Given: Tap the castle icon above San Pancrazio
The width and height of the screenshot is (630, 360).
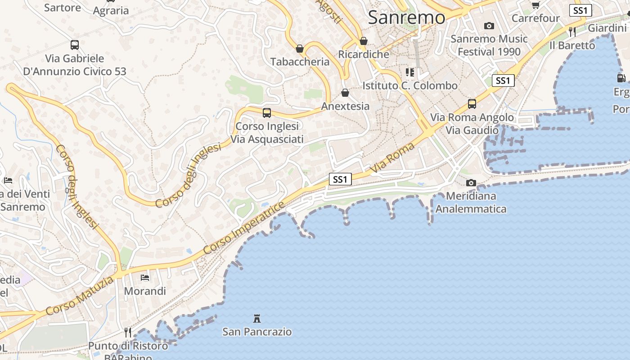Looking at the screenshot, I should [257, 319].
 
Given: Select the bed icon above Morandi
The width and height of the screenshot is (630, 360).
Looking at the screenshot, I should [145, 277].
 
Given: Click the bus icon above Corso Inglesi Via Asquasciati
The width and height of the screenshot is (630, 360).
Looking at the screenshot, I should [267, 112].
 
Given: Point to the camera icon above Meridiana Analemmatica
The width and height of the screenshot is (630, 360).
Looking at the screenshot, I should [471, 183].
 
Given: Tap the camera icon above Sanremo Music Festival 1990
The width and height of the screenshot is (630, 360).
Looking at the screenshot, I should [489, 26].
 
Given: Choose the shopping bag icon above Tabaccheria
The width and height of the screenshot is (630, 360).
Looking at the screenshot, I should [300, 49].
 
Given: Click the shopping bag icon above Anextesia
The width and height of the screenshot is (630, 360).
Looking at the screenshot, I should [345, 93].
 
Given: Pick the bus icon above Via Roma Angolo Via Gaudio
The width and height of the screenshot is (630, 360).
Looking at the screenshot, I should [472, 104].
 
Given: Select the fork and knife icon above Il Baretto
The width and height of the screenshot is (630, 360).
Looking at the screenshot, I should [572, 31].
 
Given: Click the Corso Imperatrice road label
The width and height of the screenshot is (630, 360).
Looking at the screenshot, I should [244, 228].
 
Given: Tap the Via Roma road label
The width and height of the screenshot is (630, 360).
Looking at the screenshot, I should [392, 158].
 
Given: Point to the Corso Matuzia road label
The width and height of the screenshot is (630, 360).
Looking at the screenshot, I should [80, 296].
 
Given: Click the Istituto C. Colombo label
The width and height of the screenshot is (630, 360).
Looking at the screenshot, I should [410, 85].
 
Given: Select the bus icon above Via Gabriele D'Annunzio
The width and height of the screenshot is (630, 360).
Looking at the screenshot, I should [75, 45].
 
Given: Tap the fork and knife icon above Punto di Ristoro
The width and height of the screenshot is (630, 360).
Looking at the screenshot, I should [128, 332].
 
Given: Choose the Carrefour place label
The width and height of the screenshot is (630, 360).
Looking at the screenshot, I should [535, 18].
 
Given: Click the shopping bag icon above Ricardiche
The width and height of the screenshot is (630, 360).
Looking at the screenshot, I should [364, 41].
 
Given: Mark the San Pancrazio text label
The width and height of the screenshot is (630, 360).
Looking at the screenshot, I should [257, 332].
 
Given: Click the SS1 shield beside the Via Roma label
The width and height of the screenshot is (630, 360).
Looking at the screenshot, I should [340, 179].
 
